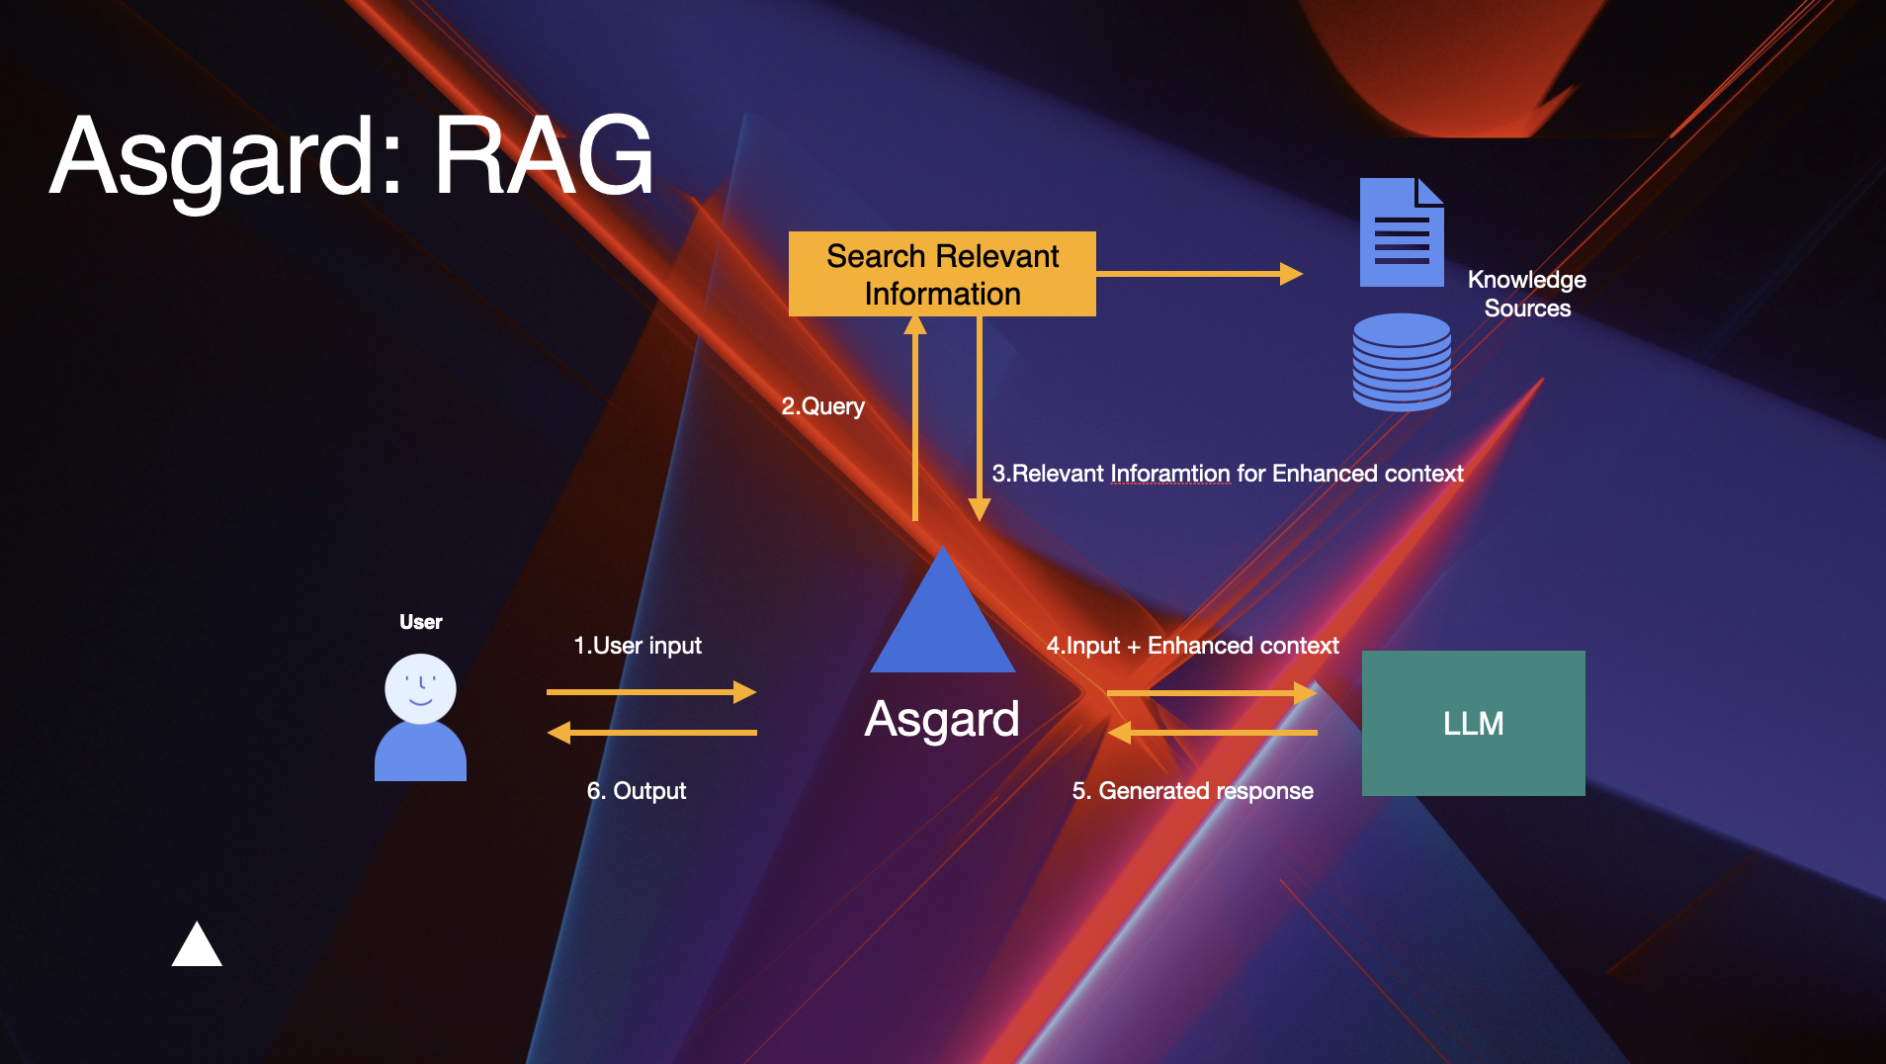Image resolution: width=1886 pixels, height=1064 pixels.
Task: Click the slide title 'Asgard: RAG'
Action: click(x=351, y=156)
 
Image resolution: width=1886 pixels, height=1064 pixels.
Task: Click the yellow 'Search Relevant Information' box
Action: click(x=942, y=274)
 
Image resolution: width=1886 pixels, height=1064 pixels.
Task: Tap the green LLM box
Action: click(x=1473, y=723)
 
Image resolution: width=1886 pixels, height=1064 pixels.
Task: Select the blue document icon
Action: click(x=1401, y=233)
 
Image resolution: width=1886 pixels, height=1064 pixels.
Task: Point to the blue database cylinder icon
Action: click(x=1401, y=362)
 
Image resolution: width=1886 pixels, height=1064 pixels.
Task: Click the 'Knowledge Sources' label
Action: click(x=1526, y=294)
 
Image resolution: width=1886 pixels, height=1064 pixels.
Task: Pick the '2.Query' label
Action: click(x=822, y=406)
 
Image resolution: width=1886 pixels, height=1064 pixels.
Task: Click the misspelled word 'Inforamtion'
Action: click(x=1170, y=474)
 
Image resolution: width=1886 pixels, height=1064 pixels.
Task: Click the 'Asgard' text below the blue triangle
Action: click(x=942, y=719)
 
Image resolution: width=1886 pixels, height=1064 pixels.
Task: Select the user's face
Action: click(x=420, y=687)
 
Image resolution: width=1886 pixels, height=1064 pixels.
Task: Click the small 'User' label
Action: click(x=420, y=622)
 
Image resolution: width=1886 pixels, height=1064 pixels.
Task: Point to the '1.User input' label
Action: click(x=638, y=646)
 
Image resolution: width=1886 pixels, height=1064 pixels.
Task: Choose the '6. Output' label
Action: click(x=637, y=791)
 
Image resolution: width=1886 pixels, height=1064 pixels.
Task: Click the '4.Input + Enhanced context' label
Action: click(x=1192, y=646)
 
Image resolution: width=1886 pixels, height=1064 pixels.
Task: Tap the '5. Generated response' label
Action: click(x=1192, y=791)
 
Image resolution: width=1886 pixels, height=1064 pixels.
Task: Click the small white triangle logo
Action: click(x=197, y=946)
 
